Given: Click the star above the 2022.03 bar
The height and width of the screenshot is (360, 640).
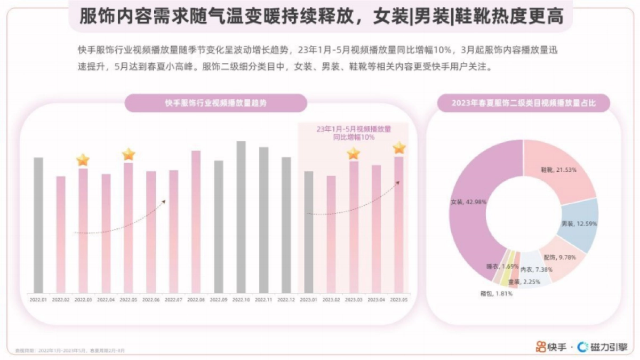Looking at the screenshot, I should [83, 159].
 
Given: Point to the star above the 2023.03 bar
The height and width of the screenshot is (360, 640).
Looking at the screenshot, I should [354, 154].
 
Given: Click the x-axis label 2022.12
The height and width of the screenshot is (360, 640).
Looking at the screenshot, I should [286, 300].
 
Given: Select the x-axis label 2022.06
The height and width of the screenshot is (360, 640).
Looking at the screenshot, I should [151, 300].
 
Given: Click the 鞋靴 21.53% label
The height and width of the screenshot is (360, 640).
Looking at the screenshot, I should [558, 169].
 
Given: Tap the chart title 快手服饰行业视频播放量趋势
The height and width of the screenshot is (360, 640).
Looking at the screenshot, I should [215, 103].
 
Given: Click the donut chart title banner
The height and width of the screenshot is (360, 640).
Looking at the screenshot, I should [523, 103].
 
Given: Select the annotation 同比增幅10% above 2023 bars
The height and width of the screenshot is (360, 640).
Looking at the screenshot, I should [354, 137].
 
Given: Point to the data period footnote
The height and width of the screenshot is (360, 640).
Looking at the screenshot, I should [70, 350].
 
